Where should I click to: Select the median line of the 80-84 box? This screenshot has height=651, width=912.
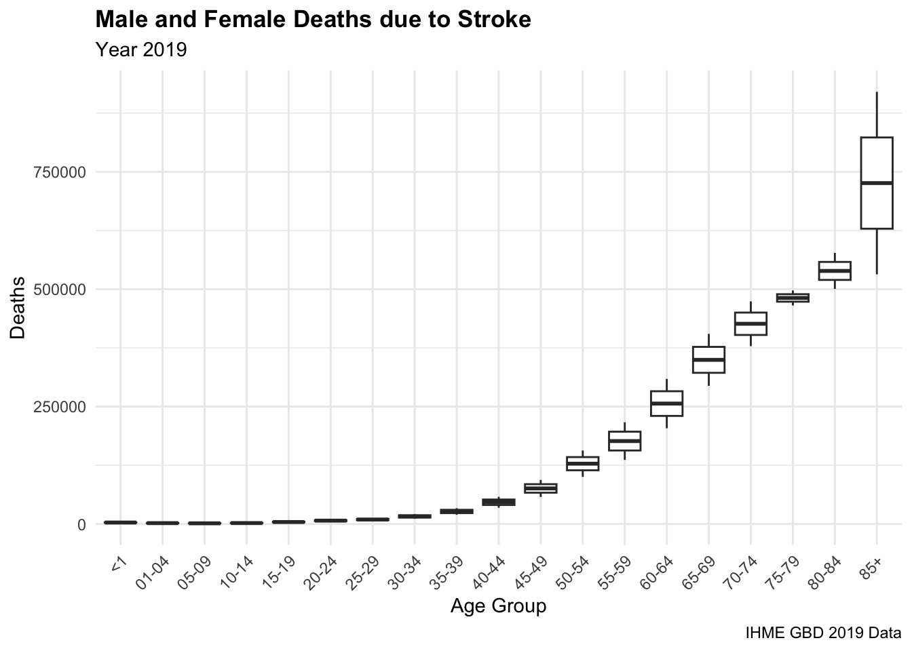pos(834,271)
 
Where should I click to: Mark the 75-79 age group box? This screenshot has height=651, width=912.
pos(793,298)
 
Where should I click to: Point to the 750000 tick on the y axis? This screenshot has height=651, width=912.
pos(60,172)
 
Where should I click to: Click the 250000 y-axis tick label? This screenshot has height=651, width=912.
pos(60,407)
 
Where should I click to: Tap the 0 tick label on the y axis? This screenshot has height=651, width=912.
pos(81,524)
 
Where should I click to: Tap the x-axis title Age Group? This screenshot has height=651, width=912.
pos(498,606)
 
